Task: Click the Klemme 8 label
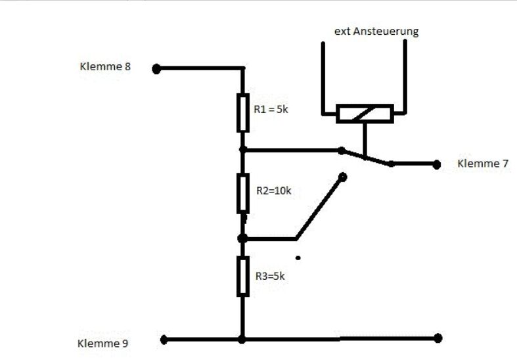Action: pyautogui.click(x=105, y=66)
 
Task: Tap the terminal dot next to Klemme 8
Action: pyautogui.click(x=156, y=69)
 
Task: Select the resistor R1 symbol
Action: pyautogui.click(x=243, y=113)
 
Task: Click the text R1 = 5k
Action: pyautogui.click(x=271, y=109)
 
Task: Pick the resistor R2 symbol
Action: pyautogui.click(x=243, y=193)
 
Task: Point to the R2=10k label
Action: pyautogui.click(x=274, y=191)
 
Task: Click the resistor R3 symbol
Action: pyautogui.click(x=243, y=277)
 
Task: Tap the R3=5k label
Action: pyautogui.click(x=270, y=276)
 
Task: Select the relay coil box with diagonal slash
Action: pyautogui.click(x=365, y=114)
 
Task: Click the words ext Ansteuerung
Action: pyautogui.click(x=376, y=32)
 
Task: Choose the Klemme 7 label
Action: pyautogui.click(x=483, y=163)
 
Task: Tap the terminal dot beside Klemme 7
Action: pyautogui.click(x=437, y=164)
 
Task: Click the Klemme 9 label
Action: pyautogui.click(x=102, y=343)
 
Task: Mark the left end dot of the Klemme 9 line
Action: pyautogui.click(x=164, y=340)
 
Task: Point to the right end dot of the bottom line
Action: pyautogui.click(x=438, y=338)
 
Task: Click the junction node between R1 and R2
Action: pyautogui.click(x=242, y=150)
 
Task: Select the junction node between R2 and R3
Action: pyautogui.click(x=242, y=238)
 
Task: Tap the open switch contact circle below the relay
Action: pyautogui.click(x=342, y=177)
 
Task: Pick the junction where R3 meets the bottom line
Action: pyautogui.click(x=242, y=340)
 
